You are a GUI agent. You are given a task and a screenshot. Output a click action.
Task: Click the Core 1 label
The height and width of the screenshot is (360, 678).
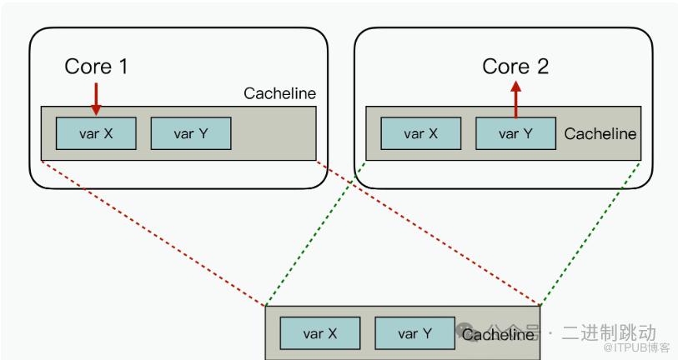(x=97, y=67)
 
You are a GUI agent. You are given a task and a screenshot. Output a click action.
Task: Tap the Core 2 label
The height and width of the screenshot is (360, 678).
(x=515, y=67)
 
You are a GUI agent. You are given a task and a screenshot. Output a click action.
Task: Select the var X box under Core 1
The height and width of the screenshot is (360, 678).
(x=96, y=133)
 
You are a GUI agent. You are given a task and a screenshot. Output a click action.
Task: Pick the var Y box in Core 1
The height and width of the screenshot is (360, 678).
(x=190, y=133)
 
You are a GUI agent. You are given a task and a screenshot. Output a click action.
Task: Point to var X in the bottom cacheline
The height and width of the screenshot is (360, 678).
(x=320, y=333)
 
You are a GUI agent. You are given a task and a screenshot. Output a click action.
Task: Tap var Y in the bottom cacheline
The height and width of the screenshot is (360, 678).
(x=414, y=333)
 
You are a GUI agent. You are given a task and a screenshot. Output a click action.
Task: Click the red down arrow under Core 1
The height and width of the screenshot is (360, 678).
(x=96, y=98)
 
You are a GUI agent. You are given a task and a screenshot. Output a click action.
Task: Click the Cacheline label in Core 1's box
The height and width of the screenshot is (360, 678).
(x=279, y=93)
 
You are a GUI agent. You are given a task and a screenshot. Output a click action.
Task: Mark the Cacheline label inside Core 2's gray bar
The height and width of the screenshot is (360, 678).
(x=600, y=133)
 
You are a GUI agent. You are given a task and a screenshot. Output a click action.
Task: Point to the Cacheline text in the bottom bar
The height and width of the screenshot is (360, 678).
(x=498, y=335)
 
